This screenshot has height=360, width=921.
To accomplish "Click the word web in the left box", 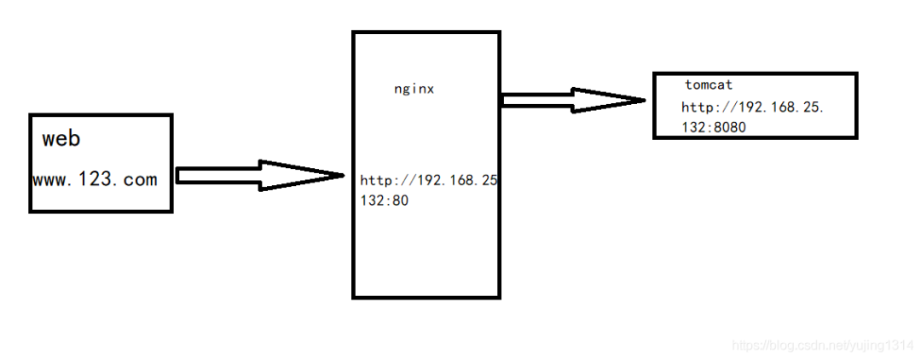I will click(x=61, y=138).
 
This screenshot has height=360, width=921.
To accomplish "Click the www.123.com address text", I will click(x=95, y=179).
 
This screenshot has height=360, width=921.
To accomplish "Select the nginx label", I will click(x=414, y=89).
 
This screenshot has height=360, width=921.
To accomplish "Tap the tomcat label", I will click(x=709, y=85).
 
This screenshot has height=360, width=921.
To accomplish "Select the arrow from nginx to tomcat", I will click(x=571, y=100).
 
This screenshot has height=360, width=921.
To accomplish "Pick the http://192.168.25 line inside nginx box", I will click(x=429, y=181).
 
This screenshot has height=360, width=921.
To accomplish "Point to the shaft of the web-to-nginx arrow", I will click(x=218, y=175).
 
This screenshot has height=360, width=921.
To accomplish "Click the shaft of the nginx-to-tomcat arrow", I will click(x=536, y=100).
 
